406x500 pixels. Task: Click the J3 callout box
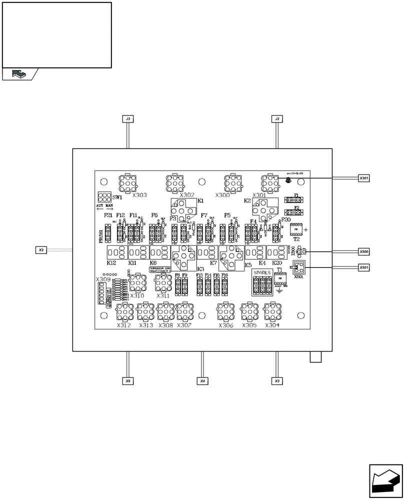[128, 119]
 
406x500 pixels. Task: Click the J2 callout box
[277, 119]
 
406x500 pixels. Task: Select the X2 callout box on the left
[41, 249]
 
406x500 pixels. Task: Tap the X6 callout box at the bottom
[128, 381]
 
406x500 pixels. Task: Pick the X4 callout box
[202, 381]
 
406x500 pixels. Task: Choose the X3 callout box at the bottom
[277, 381]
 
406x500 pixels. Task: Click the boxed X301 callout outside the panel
[364, 177]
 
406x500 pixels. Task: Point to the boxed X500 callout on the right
[364, 251]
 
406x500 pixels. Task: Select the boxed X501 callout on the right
[364, 267]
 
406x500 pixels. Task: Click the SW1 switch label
[117, 198]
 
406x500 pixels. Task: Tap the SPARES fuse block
[262, 283]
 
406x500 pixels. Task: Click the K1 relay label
[200, 200]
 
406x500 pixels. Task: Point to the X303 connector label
[139, 195]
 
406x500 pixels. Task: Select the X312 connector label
[124, 325]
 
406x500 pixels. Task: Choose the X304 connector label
[272, 325]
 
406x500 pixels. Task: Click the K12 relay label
[111, 262]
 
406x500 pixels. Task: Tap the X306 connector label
[226, 325]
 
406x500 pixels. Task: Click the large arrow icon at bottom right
[385, 481]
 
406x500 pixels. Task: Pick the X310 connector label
[137, 295]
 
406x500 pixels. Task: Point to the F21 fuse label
[108, 215]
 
